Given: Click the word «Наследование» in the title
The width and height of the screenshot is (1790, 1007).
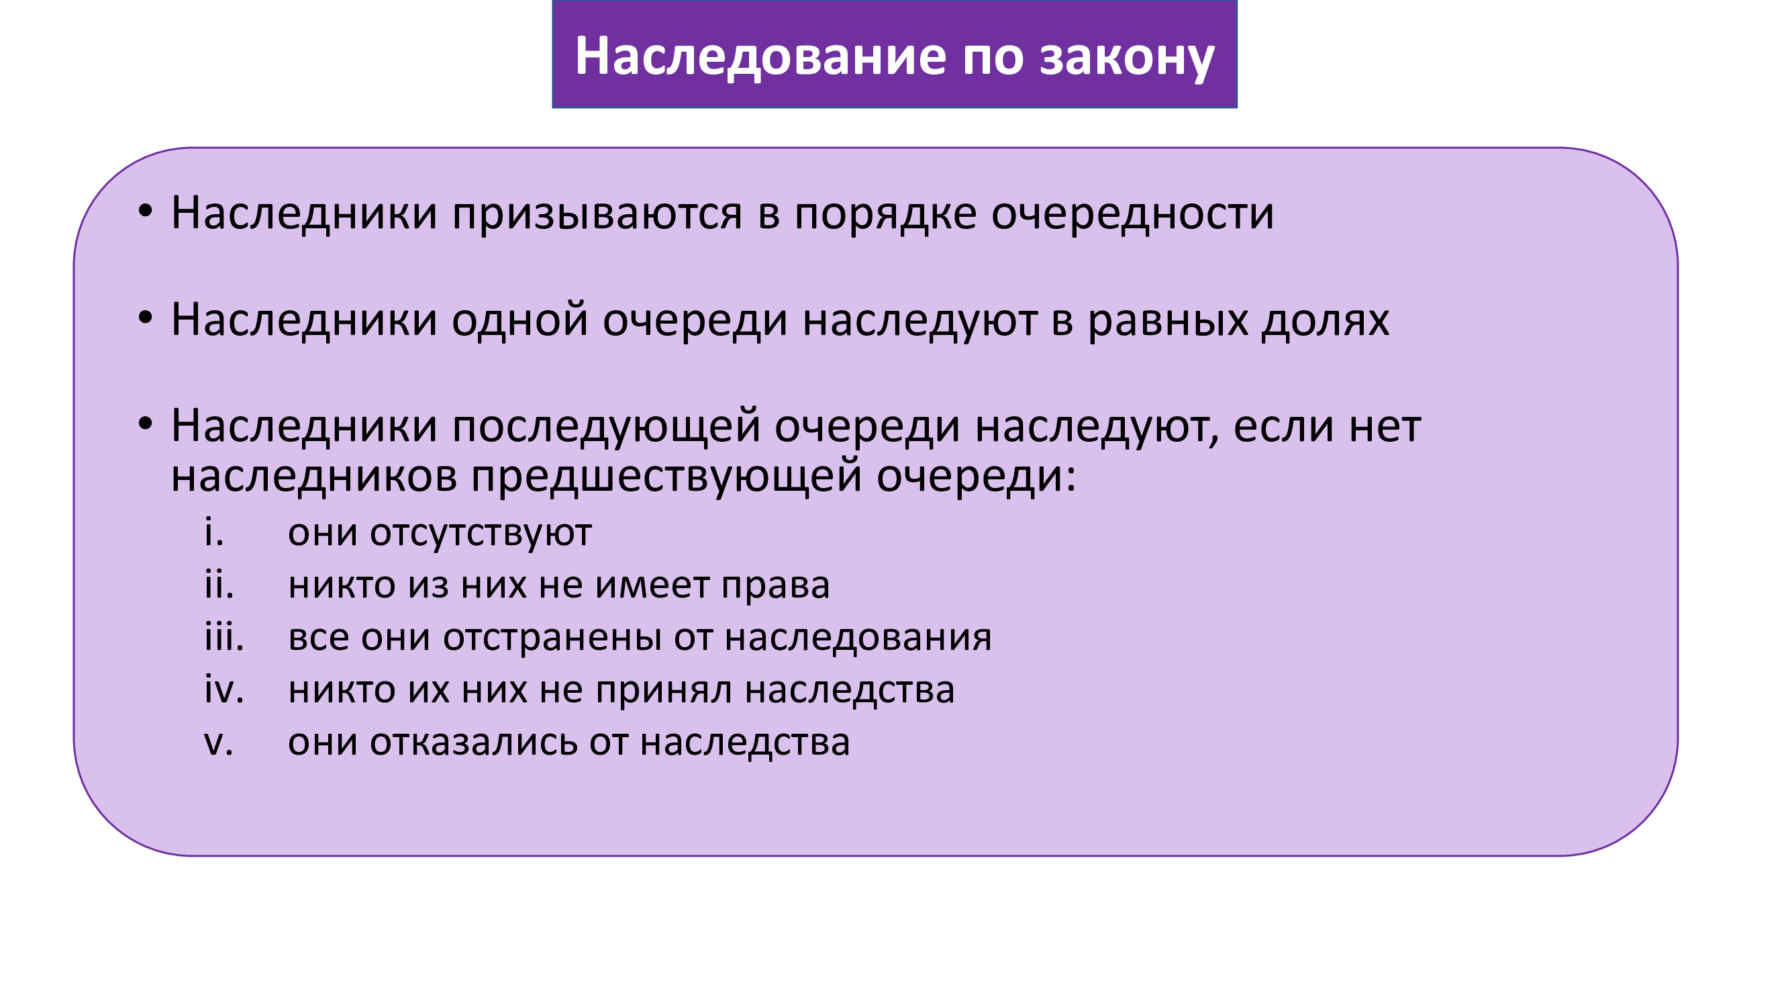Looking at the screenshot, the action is click(x=760, y=56).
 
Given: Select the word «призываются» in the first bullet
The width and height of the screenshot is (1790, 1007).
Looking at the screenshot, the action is click(x=597, y=213).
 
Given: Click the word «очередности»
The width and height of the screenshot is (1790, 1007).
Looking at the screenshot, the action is click(x=1133, y=213).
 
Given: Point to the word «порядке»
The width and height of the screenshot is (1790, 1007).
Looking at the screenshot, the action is click(x=885, y=213).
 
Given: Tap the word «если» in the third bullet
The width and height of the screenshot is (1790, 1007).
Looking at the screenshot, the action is click(x=1284, y=426).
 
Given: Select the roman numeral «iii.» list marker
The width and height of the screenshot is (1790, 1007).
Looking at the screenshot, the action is click(x=223, y=637).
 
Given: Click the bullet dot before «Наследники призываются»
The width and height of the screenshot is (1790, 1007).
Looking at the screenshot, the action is click(x=144, y=211).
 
